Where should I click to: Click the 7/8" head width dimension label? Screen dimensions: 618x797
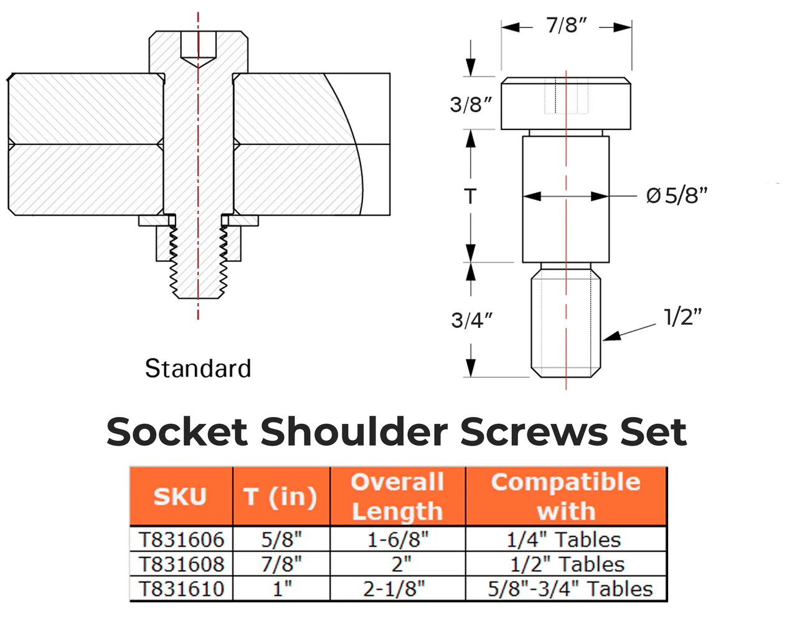click(x=567, y=26)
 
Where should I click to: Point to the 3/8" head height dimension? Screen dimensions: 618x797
click(x=471, y=104)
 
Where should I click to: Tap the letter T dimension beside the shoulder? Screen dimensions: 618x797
click(x=470, y=197)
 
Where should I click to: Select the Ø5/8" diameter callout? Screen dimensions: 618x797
click(x=677, y=195)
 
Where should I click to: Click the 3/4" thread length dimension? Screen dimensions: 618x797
click(x=471, y=321)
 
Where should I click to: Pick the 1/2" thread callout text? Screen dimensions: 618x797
click(x=682, y=317)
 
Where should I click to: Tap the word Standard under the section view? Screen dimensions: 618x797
click(x=198, y=368)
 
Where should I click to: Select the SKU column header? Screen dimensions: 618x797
click(x=180, y=496)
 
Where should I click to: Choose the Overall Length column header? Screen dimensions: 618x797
click(x=397, y=496)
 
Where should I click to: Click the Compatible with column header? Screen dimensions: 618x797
click(x=565, y=496)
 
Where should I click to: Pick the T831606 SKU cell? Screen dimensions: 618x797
click(x=181, y=540)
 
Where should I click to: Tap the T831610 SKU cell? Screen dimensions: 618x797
click(x=181, y=589)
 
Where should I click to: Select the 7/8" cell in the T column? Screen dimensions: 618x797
click(x=281, y=564)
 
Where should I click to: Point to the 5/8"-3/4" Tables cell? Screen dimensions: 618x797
click(x=570, y=589)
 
